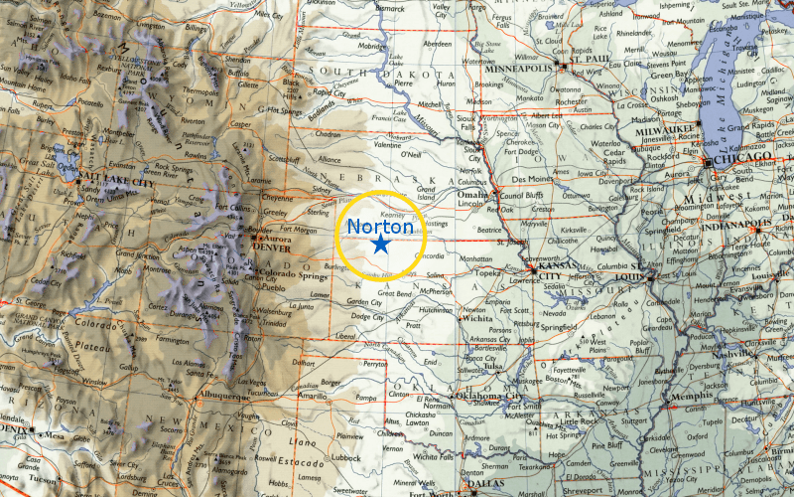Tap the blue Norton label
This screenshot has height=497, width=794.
(380, 227)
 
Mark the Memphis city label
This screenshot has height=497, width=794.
(692, 396)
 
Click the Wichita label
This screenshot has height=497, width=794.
(476, 320)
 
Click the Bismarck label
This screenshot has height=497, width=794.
(369, 7)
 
